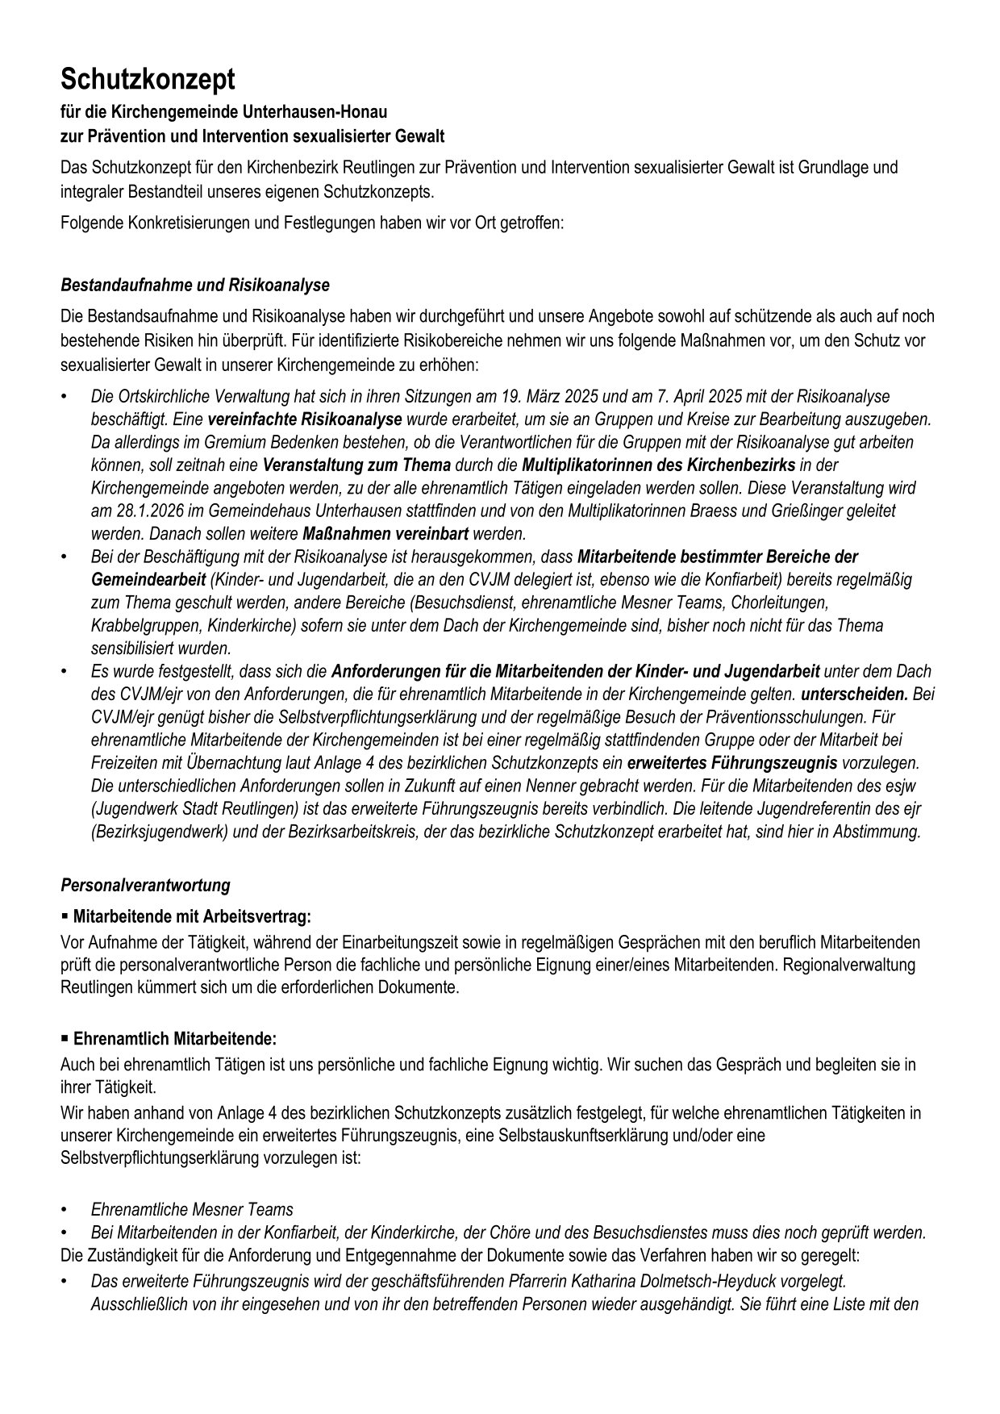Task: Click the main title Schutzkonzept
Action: pos(148,80)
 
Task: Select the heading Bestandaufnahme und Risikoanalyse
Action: pos(194,286)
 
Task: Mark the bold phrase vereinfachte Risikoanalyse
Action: pos(304,419)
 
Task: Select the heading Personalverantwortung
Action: pos(145,885)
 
